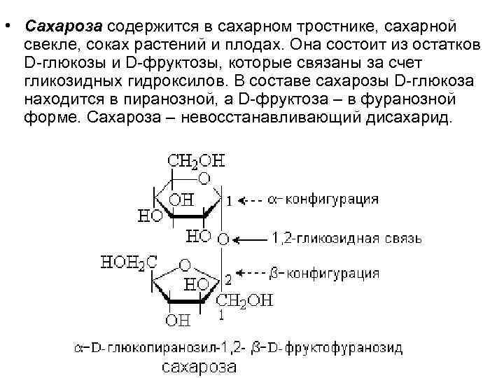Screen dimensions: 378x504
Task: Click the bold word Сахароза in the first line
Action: click(63, 26)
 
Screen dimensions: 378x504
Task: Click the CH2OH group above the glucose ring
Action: click(197, 161)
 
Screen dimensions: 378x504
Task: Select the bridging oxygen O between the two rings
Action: click(223, 239)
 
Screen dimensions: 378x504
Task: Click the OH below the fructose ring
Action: click(177, 321)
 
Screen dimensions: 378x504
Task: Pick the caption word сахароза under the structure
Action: click(199, 366)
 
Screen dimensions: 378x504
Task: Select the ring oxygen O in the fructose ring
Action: click(185, 266)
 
